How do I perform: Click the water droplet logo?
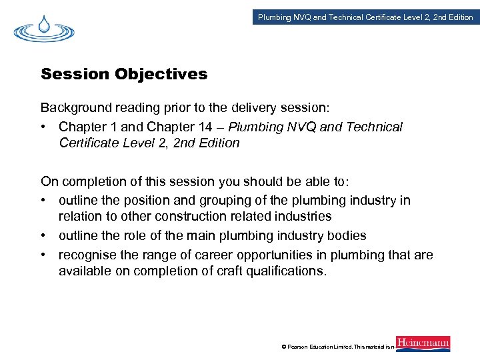(x=43, y=29)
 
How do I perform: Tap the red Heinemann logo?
(x=423, y=344)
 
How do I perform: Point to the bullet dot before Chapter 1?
(x=45, y=127)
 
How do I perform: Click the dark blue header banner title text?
(x=365, y=17)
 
